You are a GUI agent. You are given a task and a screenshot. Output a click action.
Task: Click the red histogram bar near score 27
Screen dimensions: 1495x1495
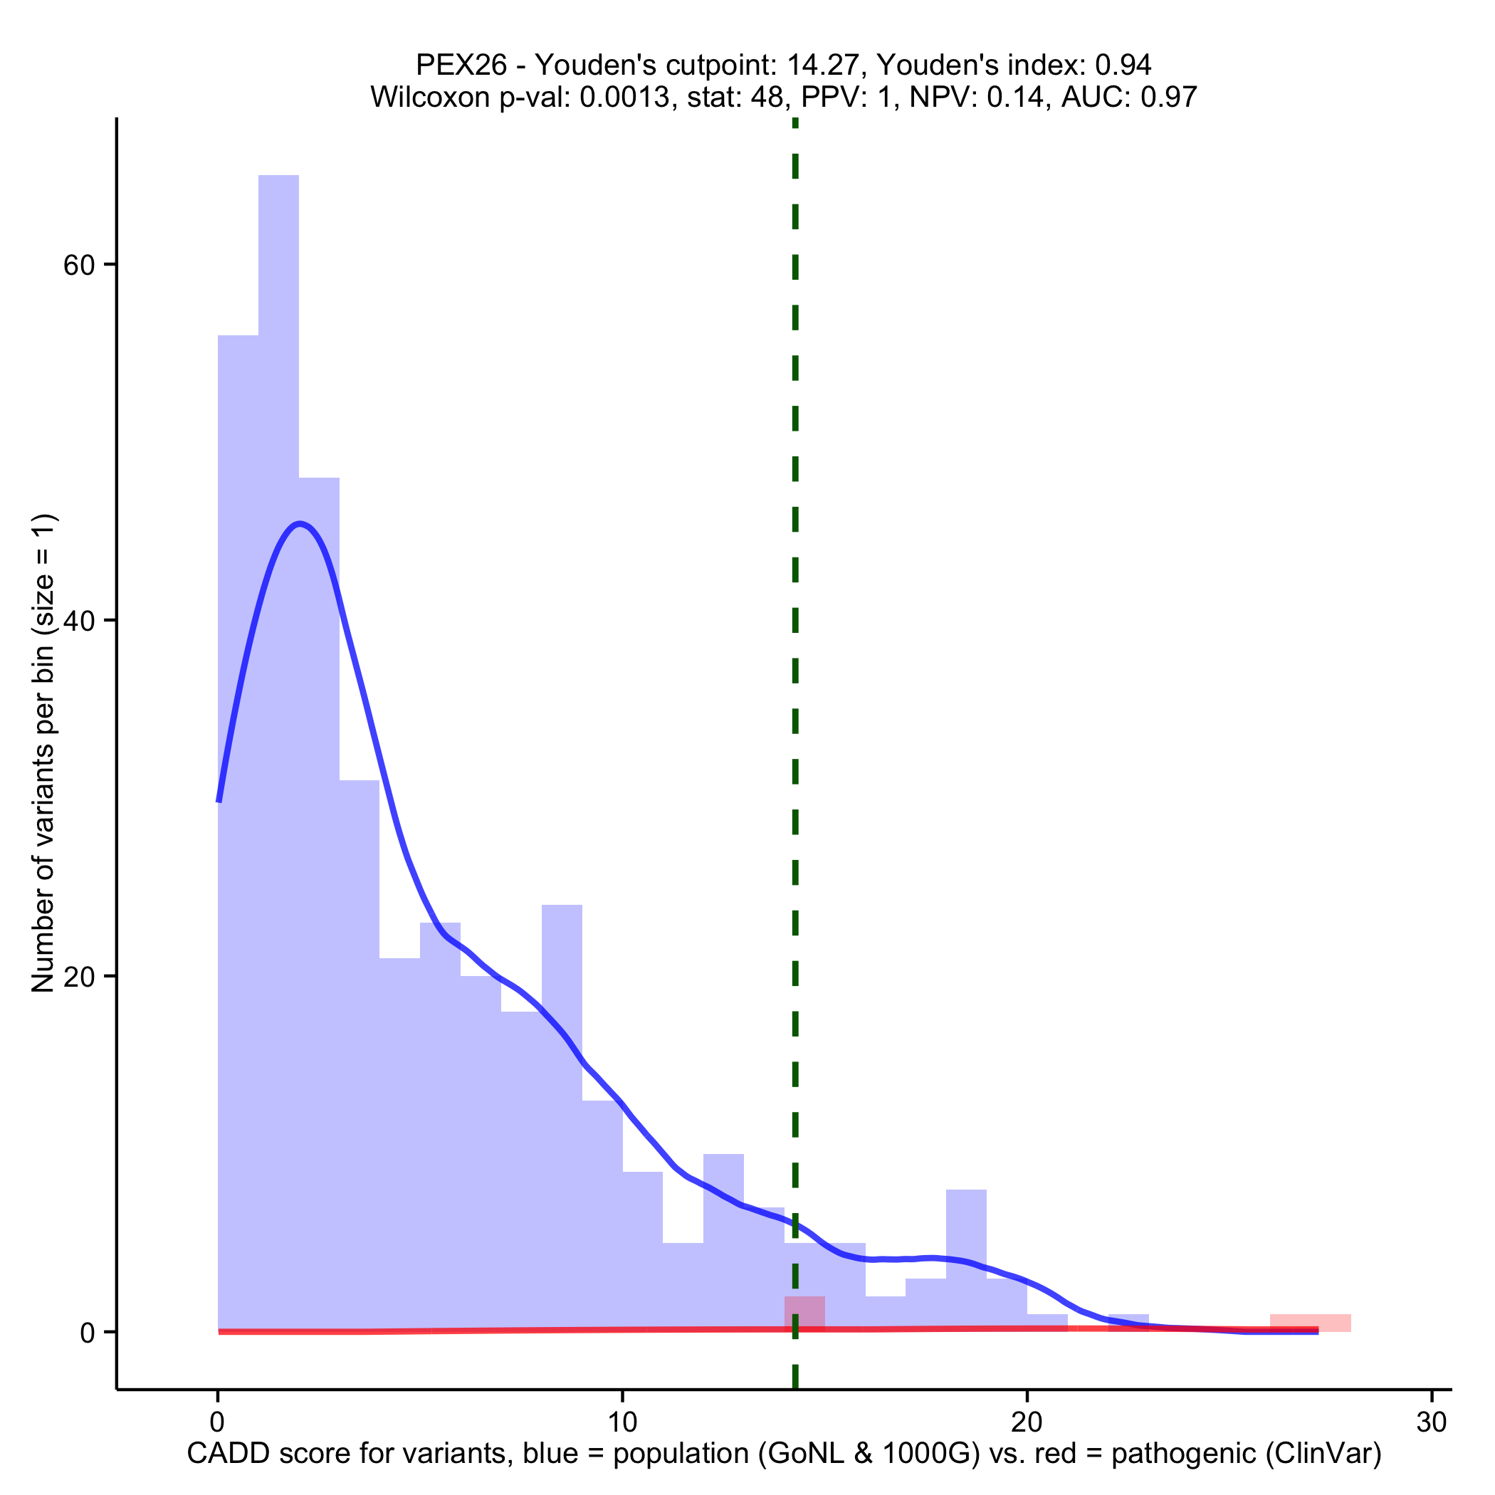[1310, 1323]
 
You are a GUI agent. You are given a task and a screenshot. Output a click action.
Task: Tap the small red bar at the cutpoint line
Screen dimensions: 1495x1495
[804, 1313]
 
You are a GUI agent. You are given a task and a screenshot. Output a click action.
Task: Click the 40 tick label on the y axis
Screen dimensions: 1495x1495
[78, 621]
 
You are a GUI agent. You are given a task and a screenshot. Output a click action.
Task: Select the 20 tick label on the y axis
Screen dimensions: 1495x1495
[78, 977]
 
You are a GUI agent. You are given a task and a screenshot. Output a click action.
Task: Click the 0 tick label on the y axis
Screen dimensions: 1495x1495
[88, 1333]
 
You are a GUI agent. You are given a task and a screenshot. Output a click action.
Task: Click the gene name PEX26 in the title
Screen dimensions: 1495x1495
[461, 65]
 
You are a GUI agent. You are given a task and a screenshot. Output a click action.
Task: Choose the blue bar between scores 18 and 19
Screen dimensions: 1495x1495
[966, 1261]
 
